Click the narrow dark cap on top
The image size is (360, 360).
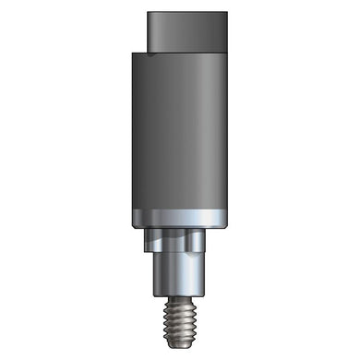click(x=186, y=31)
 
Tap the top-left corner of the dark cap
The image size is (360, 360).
click(x=148, y=14)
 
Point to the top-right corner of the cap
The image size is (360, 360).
click(x=226, y=14)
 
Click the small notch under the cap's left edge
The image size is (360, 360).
click(x=139, y=52)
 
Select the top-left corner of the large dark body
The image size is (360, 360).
click(x=132, y=54)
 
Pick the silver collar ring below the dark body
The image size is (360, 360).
click(x=179, y=220)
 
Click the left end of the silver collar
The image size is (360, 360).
click(x=132, y=220)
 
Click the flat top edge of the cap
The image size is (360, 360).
click(x=186, y=14)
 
